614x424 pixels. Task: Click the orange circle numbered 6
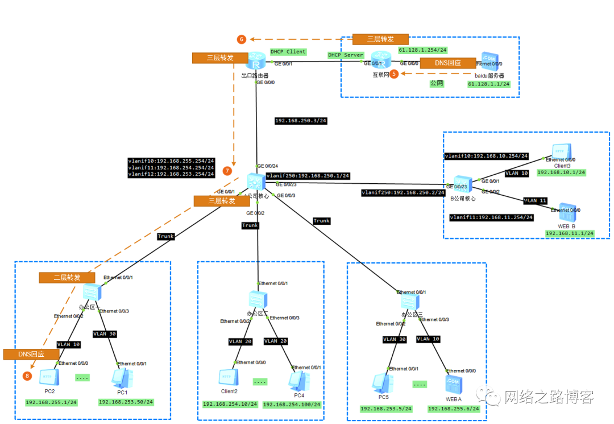[242, 39]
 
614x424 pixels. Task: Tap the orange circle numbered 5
[393, 74]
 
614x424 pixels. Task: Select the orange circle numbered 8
[27, 376]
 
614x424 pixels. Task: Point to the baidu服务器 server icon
[488, 60]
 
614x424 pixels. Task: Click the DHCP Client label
[288, 52]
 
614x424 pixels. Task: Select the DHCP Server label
[346, 55]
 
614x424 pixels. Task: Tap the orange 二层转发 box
[67, 278]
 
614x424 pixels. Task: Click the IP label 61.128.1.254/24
[422, 50]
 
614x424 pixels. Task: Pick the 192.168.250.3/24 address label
[301, 121]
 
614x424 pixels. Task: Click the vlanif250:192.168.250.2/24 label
[403, 193]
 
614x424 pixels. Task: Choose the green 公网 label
[437, 83]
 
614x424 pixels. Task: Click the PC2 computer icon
[49, 377]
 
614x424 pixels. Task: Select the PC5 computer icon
[383, 381]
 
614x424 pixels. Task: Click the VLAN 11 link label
[535, 201]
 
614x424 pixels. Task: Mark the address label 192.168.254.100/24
[292, 404]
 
